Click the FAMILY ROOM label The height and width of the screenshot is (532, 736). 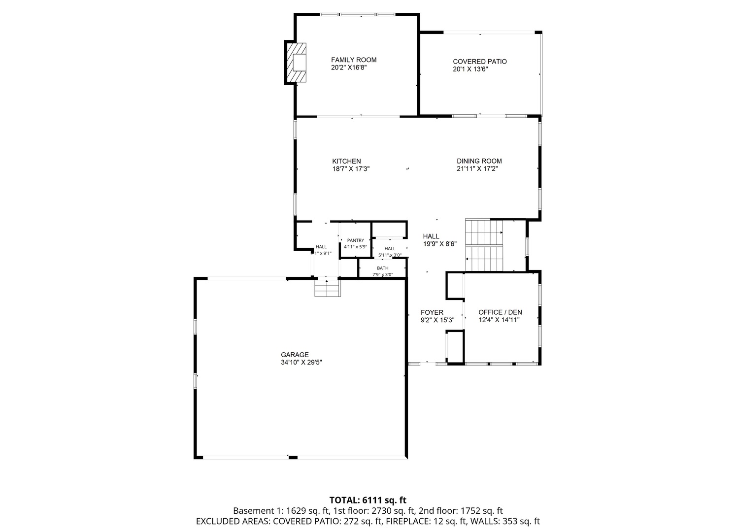(353, 60)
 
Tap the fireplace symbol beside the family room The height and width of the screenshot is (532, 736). (296, 63)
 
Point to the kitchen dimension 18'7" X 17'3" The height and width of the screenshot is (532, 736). (351, 168)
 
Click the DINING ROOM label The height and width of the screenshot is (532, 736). (479, 161)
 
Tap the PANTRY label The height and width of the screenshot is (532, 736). (355, 240)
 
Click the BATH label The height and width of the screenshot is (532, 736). (382, 268)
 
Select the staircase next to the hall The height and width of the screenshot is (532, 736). (484, 245)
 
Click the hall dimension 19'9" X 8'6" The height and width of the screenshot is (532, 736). (440, 244)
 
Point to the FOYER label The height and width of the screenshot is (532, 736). (432, 312)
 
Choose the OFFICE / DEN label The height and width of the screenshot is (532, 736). (500, 312)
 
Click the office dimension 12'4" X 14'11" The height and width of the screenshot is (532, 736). (499, 320)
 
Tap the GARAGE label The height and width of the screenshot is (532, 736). (295, 355)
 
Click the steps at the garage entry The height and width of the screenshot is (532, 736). (327, 289)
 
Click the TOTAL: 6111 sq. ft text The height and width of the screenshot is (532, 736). (368, 500)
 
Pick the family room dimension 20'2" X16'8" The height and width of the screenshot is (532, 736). (349, 67)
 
